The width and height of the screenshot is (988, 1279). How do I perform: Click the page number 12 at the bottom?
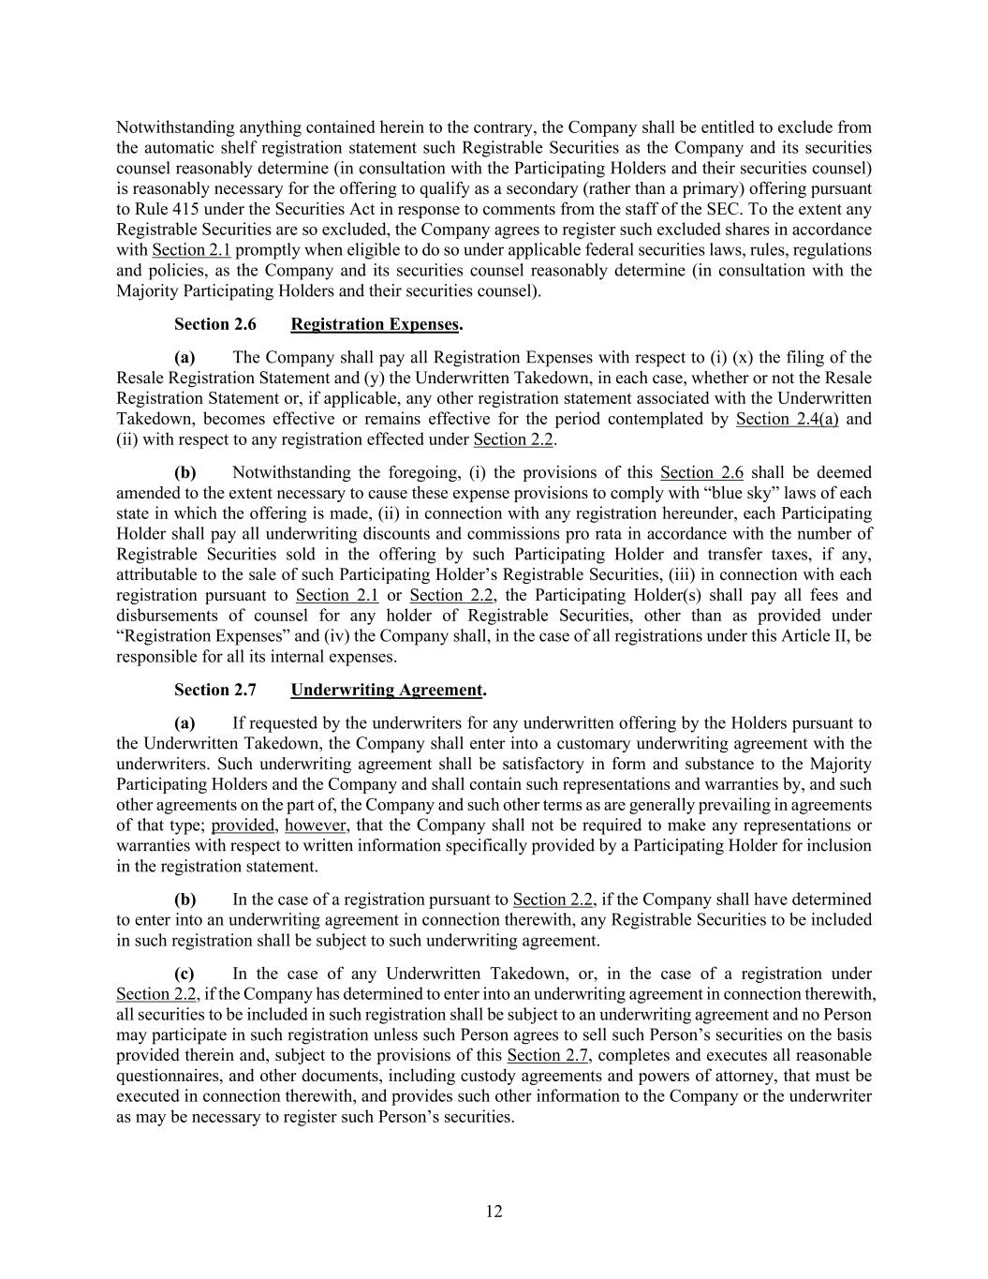[x=494, y=1212]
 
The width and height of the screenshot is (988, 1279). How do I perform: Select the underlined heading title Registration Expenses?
[x=375, y=324]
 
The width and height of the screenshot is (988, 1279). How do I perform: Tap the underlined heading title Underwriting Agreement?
[x=386, y=690]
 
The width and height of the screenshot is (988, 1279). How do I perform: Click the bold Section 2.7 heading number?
[x=214, y=690]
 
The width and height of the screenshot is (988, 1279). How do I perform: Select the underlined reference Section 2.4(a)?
[x=787, y=419]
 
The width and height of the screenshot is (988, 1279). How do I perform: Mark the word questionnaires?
[x=165, y=1077]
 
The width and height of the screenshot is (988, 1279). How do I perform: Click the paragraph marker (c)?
[x=184, y=974]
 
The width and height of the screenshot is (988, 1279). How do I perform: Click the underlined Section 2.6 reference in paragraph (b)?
[x=701, y=472]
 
